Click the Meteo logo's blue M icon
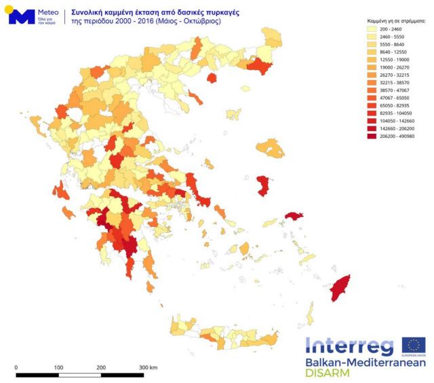[21, 17]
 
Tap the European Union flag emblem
[413, 345]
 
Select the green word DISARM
[328, 373]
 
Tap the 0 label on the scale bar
[16, 367]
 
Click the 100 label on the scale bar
[58, 367]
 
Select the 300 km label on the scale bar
[148, 367]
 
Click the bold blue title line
[146, 12]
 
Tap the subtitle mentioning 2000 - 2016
[146, 21]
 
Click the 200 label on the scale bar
[101, 367]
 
